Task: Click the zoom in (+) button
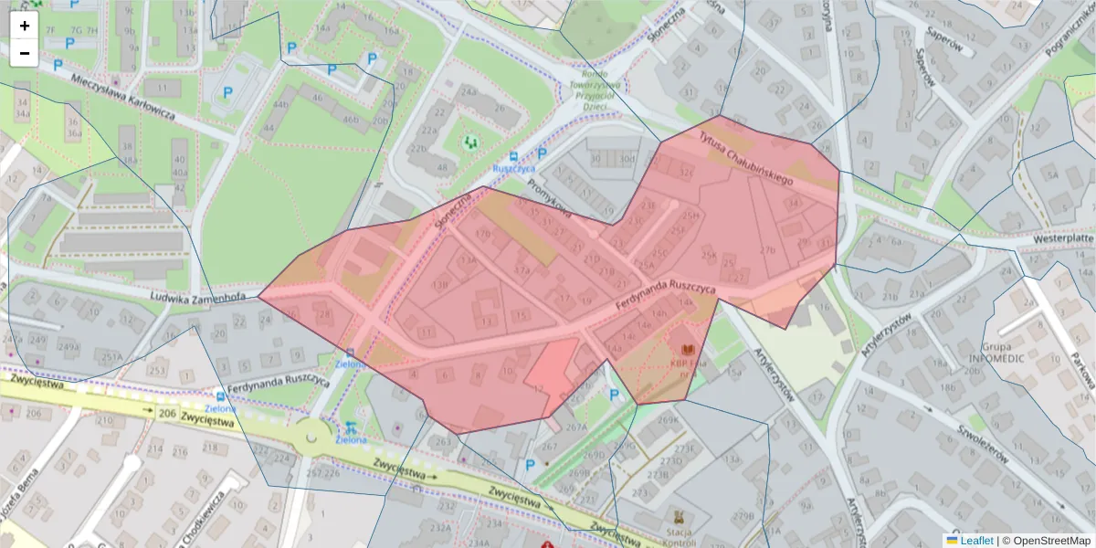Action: coord(25,26)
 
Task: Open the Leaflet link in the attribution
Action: coord(976,541)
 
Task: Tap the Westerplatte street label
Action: coord(1062,238)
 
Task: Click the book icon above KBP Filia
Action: coord(687,349)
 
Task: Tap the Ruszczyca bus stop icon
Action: coord(514,155)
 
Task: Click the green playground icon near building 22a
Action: coord(470,142)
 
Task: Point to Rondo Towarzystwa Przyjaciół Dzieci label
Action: coord(595,90)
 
